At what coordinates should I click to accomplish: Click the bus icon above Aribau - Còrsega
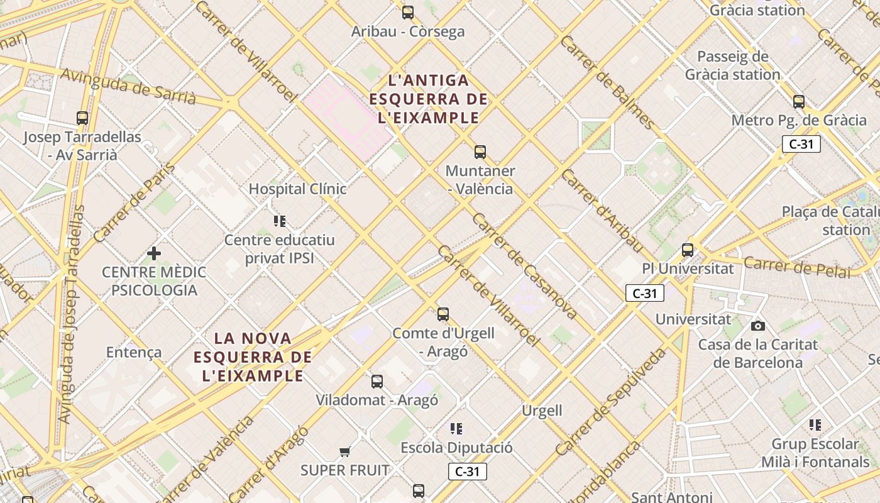[408, 12]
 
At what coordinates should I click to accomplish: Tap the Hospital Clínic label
[297, 189]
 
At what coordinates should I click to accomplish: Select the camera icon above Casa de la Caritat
[758, 326]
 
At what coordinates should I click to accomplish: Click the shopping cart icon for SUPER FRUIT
[344, 451]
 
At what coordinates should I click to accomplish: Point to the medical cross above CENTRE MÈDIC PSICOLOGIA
[154, 253]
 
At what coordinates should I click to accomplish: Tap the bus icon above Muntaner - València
[480, 152]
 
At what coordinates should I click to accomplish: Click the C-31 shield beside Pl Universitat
[645, 293]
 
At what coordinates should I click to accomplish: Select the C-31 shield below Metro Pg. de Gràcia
[801, 144]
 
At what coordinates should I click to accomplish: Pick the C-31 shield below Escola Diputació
[468, 472]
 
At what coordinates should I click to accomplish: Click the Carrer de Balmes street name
[607, 82]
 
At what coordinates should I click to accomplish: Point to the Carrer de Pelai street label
[797, 267]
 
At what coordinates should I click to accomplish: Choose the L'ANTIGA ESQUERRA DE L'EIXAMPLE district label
[429, 99]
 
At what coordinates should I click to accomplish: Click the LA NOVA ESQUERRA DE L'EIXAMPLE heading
[253, 357]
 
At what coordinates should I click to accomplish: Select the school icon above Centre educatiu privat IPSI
[280, 221]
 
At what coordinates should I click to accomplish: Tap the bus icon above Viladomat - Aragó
[377, 381]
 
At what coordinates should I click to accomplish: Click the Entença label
[134, 352]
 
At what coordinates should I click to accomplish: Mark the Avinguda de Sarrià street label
[129, 86]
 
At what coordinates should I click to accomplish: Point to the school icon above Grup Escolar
[815, 425]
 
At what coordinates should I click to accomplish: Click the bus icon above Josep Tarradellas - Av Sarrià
[82, 118]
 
